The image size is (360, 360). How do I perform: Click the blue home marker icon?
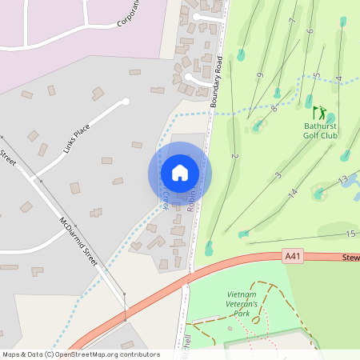180,173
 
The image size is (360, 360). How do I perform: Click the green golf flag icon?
320,113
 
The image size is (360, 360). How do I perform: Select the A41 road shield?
294,256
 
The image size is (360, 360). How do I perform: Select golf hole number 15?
350,234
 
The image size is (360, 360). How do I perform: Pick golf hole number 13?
343,178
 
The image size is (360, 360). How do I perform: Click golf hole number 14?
293,193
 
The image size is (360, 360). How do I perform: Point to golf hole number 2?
234,156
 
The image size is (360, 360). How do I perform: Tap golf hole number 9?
259,76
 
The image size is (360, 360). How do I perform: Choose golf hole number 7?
294,22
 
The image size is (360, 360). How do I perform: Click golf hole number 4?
339,78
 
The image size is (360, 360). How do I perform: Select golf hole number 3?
278,175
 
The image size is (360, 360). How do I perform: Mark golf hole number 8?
274,108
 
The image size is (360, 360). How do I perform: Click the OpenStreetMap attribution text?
80,354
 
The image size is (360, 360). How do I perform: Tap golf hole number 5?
317,76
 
